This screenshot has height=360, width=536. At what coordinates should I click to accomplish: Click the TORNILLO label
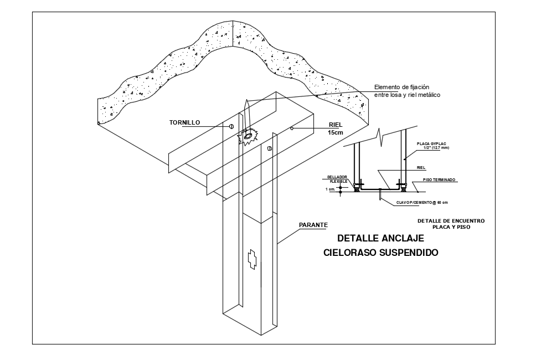pos(185,122)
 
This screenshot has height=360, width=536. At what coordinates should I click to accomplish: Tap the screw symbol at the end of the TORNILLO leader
pos(231,127)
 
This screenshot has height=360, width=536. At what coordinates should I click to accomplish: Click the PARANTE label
pos(313,225)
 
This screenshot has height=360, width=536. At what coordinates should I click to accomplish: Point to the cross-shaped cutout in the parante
pos(252,259)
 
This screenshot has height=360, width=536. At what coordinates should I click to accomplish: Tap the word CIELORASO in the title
pos(347,253)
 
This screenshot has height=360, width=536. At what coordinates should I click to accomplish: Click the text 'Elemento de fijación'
pos(401,87)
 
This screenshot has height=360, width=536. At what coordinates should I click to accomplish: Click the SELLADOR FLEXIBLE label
pos(337,179)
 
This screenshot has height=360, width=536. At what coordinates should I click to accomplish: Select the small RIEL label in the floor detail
pos(421,166)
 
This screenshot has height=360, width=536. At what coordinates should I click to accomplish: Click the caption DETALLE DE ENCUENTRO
pos(451,220)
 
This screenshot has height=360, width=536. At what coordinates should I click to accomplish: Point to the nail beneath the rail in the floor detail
pos(380,194)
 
